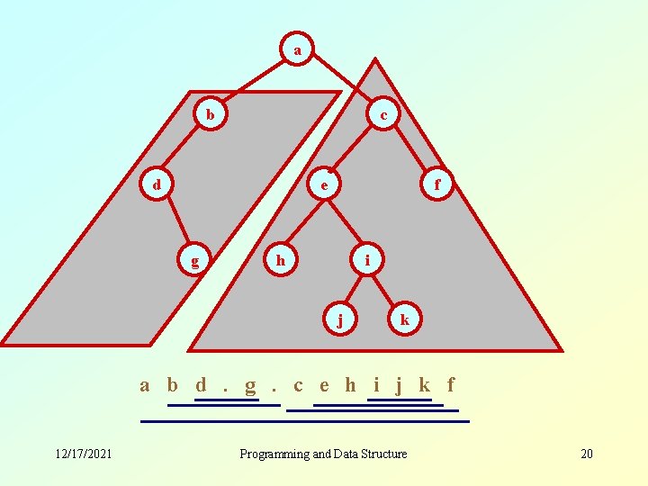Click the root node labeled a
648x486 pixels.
pos(297,50)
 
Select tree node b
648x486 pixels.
pos(210,114)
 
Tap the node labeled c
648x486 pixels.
pos(384,114)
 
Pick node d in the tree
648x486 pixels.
pos(157,185)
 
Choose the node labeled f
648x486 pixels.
pos(437,185)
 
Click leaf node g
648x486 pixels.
pos(195,261)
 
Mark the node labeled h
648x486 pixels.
pos(281,261)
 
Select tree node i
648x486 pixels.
pos(367,261)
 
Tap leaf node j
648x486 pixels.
pos(339,319)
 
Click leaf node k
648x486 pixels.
pos(405,319)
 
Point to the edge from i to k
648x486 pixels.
pos(385,290)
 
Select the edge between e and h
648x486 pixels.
pos(303,222)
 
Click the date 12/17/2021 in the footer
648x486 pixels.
pos(82,454)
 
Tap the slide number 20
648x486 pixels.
pos(587,454)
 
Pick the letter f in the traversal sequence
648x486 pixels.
pos(451,385)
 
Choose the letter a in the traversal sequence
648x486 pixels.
pos(145,385)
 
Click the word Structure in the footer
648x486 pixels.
pos(382,454)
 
